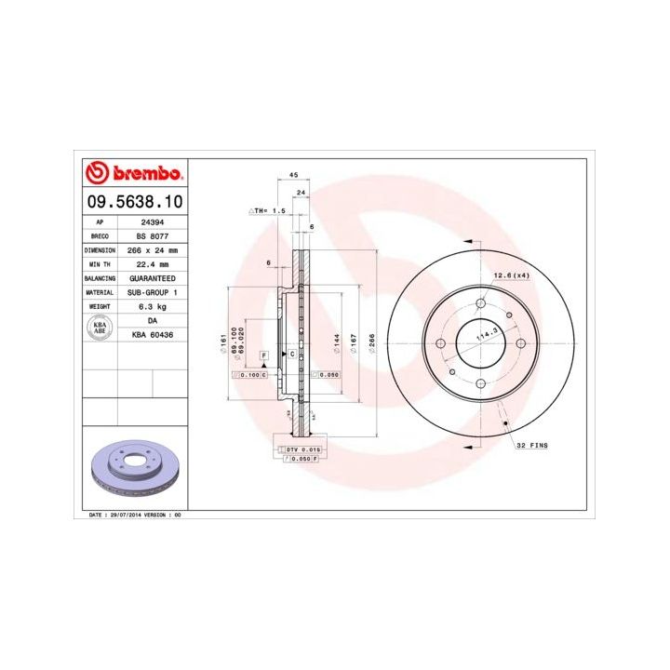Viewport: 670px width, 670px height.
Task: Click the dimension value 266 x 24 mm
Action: click(x=153, y=250)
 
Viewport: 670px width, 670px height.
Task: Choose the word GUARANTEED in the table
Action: click(x=153, y=278)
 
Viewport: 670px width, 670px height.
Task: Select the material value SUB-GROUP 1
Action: click(x=153, y=291)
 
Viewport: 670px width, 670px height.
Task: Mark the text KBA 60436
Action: click(x=153, y=333)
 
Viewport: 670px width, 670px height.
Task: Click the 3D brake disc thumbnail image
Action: click(x=134, y=471)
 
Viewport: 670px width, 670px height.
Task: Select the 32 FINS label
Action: click(x=533, y=447)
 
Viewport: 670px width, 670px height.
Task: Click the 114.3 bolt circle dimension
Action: click(x=484, y=335)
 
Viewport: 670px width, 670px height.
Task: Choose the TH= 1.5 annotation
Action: click(x=267, y=211)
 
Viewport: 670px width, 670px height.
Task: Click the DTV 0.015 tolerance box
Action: click(x=302, y=449)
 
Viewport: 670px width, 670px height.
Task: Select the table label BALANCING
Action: click(x=100, y=278)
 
